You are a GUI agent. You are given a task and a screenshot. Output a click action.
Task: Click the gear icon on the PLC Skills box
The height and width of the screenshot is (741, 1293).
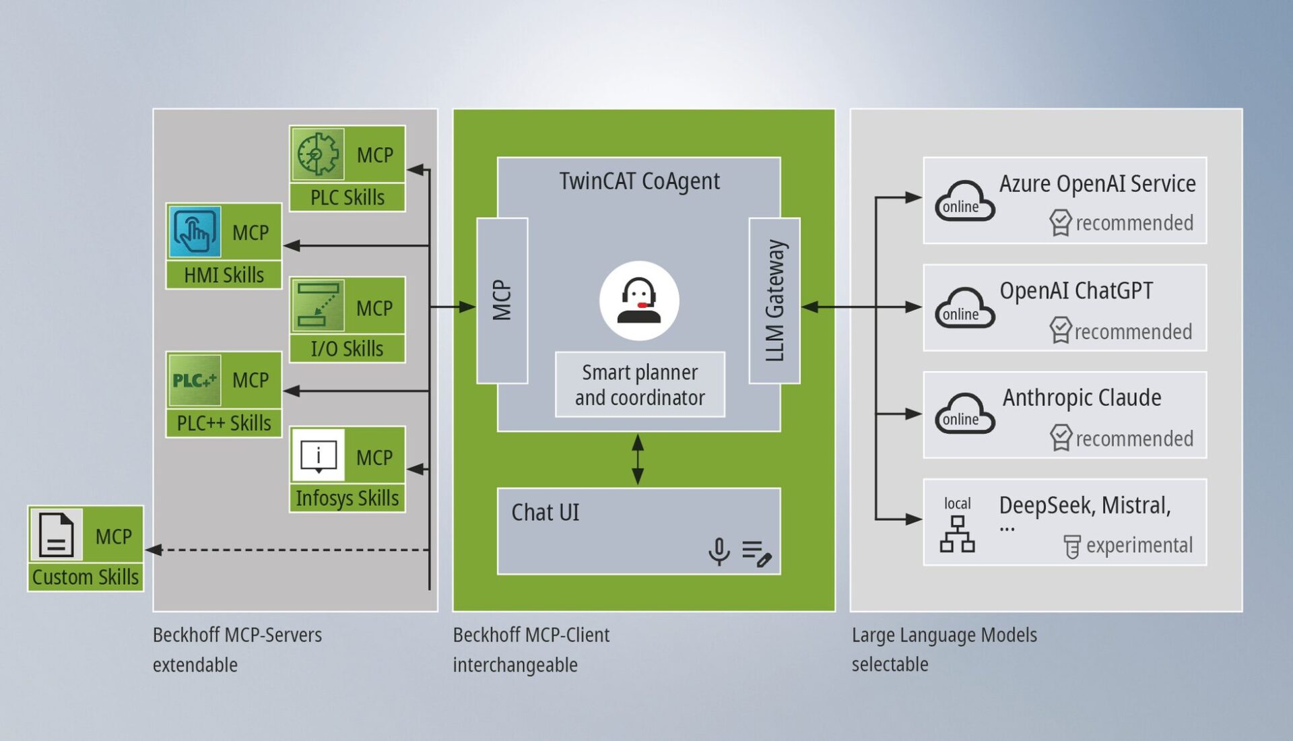click(x=318, y=154)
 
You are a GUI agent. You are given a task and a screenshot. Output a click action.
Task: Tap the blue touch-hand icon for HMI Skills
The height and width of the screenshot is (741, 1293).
click(x=195, y=232)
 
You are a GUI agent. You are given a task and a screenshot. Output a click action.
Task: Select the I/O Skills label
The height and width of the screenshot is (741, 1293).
click(x=347, y=349)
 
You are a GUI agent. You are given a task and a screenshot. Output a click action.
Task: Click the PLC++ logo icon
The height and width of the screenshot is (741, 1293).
click(x=195, y=380)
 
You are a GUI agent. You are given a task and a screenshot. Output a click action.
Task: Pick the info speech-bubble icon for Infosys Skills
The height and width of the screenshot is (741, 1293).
click(x=318, y=456)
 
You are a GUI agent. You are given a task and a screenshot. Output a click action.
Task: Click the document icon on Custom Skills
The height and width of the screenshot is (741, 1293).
click(x=56, y=535)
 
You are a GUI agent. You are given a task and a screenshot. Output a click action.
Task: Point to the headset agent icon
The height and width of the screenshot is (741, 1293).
click(x=639, y=300)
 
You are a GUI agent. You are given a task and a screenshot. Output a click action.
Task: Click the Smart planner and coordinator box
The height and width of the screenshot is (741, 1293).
click(x=640, y=385)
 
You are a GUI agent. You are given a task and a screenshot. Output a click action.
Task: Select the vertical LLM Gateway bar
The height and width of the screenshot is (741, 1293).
click(x=774, y=300)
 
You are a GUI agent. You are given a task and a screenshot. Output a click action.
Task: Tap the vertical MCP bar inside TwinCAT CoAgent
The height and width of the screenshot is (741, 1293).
click(x=502, y=300)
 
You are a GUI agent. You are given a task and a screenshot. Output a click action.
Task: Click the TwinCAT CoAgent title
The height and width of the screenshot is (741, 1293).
click(x=639, y=181)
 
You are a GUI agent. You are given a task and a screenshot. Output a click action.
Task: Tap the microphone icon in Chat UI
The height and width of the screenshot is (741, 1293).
click(x=719, y=551)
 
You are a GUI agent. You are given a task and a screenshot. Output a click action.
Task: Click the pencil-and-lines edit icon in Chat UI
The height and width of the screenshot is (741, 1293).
click(x=756, y=553)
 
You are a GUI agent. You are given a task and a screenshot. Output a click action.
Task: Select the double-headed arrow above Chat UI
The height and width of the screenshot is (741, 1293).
click(x=638, y=459)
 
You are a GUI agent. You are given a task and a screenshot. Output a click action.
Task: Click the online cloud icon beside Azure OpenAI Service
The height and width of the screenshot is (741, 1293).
click(x=964, y=201)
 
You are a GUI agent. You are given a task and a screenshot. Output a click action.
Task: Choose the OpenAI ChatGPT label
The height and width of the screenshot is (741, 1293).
click(x=1075, y=291)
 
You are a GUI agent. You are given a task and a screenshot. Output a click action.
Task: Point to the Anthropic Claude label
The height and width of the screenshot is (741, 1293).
click(x=1082, y=397)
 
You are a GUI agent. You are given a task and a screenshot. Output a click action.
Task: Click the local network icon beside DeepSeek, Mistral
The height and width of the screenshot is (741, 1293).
click(x=957, y=534)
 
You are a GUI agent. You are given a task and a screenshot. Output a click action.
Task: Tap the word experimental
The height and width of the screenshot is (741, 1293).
click(x=1139, y=545)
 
